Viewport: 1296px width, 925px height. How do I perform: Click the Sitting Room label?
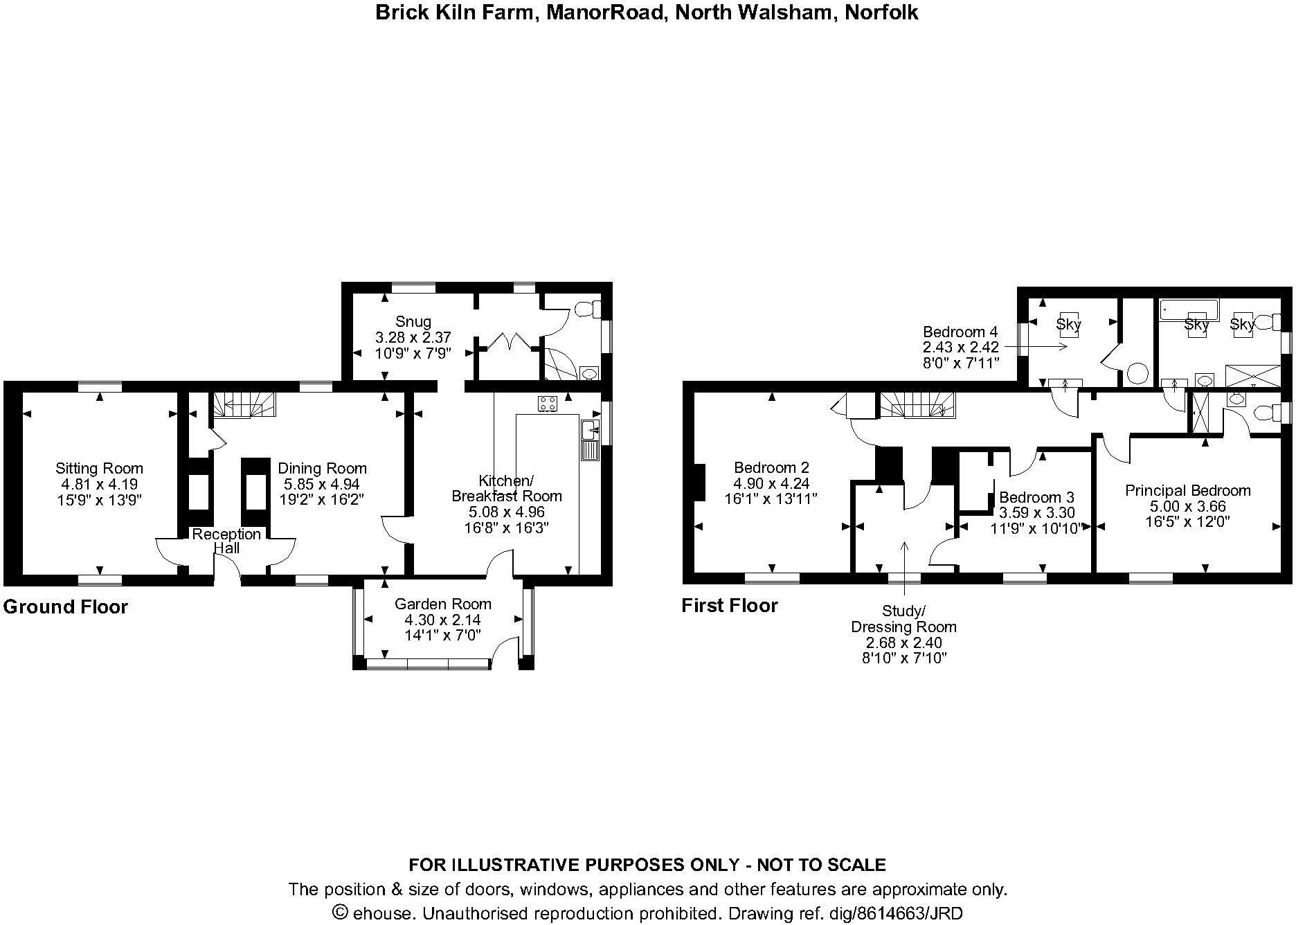[x=100, y=469]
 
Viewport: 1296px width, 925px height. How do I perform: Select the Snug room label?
[x=413, y=321]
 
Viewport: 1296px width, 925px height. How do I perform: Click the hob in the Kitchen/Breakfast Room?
[x=548, y=403]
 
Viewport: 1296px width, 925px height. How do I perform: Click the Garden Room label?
[x=443, y=604]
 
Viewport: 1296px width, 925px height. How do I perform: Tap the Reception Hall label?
[x=226, y=541]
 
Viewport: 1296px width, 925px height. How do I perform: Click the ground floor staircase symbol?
[x=244, y=404]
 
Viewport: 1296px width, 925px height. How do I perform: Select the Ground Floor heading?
[x=66, y=607]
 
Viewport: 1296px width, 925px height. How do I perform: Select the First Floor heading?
[x=730, y=606]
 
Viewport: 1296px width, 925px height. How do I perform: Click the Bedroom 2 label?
[x=771, y=468]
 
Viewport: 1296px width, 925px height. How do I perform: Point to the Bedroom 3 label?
[x=1036, y=498]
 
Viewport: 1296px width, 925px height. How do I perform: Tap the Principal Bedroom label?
[x=1187, y=491]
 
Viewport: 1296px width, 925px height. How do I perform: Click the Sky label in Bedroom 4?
[x=1069, y=324]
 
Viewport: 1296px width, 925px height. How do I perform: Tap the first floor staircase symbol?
[x=918, y=404]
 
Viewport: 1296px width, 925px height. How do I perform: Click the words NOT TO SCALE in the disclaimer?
[x=821, y=865]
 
